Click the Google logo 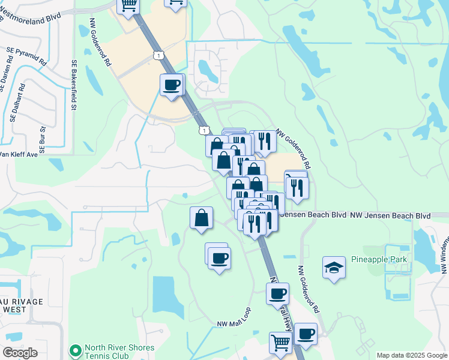tap(20, 352)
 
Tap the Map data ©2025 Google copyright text tap(412, 355)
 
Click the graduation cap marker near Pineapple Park tap(334, 268)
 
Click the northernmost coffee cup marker tap(172, 85)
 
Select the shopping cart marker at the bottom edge tap(280, 344)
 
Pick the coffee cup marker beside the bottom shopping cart tap(306, 334)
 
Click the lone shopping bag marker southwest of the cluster tap(201, 218)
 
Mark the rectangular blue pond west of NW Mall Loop tap(168, 296)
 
